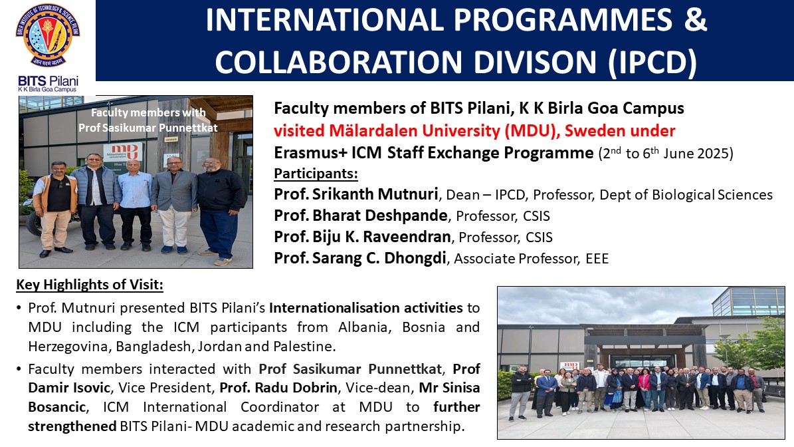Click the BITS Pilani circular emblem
click(x=48, y=35)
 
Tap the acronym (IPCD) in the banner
click(x=652, y=63)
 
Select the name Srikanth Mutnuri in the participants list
click(x=375, y=194)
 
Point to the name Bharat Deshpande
click(x=380, y=216)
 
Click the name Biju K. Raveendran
click(x=381, y=237)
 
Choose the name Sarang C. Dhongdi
click(x=379, y=258)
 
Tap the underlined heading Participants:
click(x=316, y=174)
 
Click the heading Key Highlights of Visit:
click(x=90, y=284)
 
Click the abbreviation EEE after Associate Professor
click(x=597, y=259)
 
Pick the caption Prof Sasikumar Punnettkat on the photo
click(x=148, y=128)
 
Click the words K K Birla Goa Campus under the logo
click(x=47, y=90)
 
